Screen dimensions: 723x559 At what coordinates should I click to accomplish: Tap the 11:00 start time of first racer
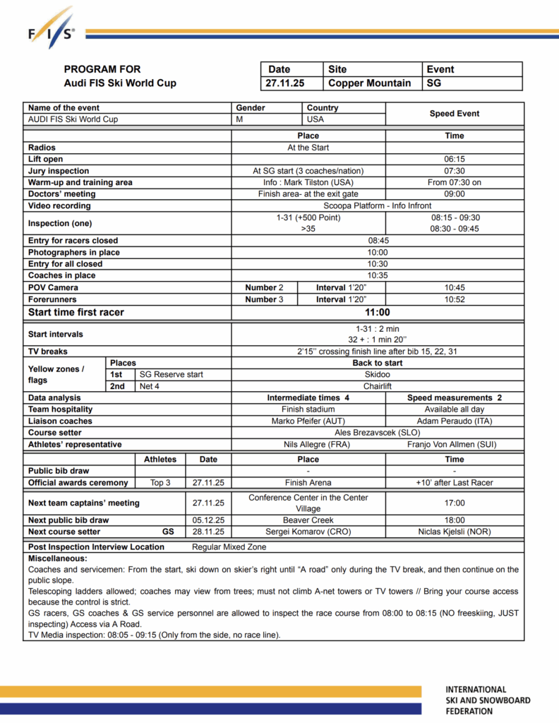tap(378, 312)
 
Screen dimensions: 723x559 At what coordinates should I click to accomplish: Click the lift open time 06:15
tap(454, 160)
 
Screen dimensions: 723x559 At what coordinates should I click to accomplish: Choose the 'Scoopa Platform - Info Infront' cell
tap(378, 206)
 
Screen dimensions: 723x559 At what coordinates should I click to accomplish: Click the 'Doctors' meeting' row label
tap(61, 194)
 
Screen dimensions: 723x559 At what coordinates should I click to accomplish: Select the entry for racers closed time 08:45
tap(378, 241)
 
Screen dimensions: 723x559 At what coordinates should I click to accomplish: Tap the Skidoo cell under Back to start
tap(378, 375)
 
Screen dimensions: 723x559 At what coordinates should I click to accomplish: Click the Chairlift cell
tap(378, 386)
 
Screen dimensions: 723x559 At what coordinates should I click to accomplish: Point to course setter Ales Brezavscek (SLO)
tap(378, 433)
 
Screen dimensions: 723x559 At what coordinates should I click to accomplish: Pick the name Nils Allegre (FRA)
tap(308, 445)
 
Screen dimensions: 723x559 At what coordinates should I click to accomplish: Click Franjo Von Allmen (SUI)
tap(454, 445)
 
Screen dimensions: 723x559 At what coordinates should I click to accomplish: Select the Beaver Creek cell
tap(308, 520)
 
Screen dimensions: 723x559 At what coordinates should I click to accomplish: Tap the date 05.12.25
tap(208, 520)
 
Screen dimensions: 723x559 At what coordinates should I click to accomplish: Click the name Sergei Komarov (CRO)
tap(308, 532)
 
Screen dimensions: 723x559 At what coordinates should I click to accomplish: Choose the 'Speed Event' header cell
tap(454, 114)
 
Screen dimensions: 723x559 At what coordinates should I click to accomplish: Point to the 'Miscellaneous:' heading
tap(56, 558)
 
